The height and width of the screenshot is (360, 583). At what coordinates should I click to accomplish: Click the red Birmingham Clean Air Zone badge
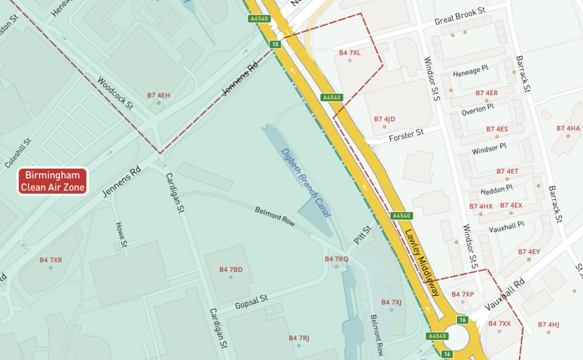(52, 181)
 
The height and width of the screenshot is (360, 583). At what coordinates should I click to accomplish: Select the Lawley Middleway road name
(422, 263)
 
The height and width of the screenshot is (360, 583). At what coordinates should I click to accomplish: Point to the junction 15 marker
(276, 44)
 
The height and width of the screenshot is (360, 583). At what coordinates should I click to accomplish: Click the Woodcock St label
(114, 93)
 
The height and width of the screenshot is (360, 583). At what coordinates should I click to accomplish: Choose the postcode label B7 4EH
(159, 95)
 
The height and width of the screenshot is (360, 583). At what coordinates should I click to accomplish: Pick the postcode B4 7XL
(350, 53)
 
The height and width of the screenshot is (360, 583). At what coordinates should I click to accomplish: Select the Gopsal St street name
(251, 302)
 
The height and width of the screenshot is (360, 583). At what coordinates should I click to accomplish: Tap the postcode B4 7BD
(231, 269)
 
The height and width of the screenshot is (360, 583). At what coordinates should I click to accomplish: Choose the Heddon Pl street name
(497, 187)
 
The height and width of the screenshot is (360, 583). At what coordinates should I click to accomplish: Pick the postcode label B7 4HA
(568, 129)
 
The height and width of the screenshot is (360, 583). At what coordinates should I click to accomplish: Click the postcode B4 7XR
(51, 260)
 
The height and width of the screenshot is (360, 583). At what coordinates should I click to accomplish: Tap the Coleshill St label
(17, 153)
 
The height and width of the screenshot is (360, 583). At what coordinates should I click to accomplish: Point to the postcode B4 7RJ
(298, 338)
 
